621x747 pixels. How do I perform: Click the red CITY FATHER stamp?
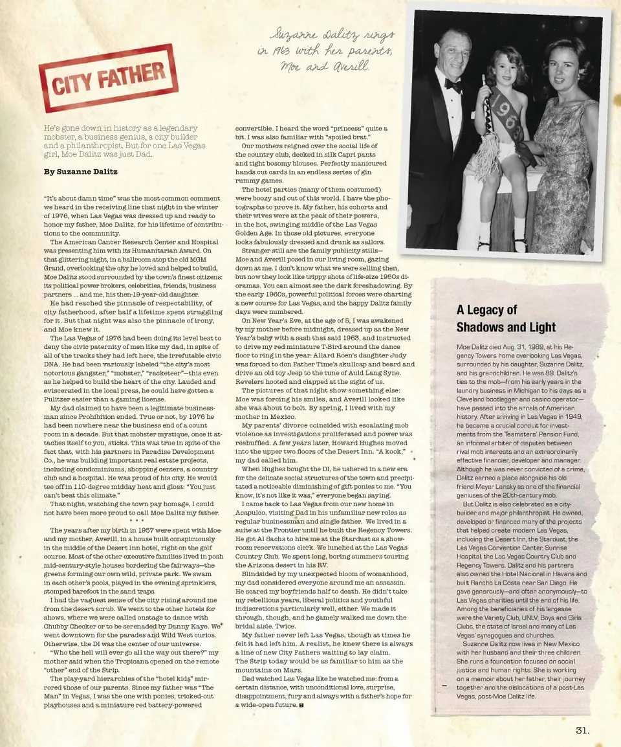coord(107,78)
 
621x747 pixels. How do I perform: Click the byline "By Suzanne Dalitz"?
coord(80,172)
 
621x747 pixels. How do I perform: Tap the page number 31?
coord(582,730)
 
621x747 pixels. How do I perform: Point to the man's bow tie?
coord(453,85)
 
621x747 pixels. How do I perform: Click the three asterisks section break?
coord(136,520)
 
